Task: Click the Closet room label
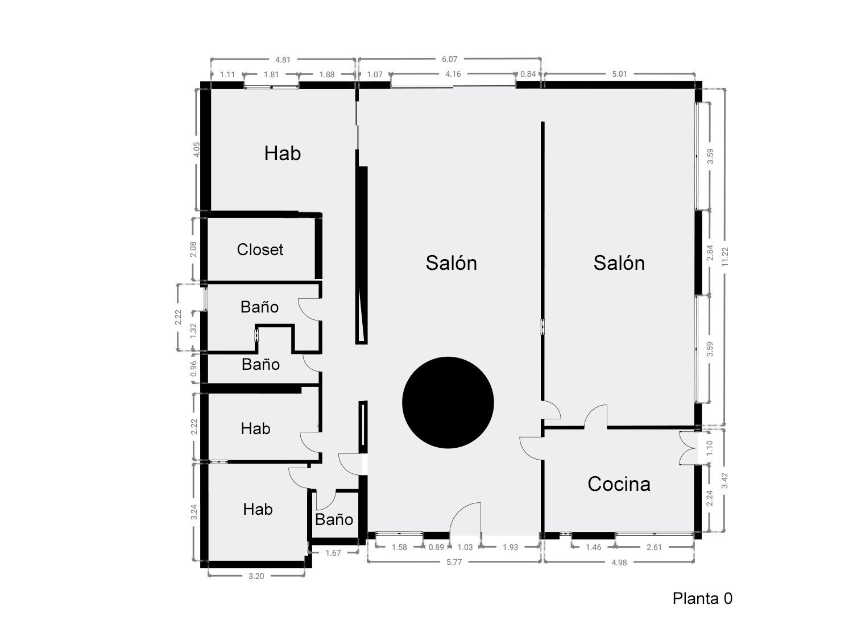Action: (260, 250)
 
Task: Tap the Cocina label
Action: (619, 484)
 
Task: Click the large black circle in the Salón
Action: (448, 403)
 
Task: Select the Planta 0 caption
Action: (702, 598)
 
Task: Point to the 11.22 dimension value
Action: (724, 257)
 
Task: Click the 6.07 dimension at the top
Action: (449, 59)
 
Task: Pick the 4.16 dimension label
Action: (453, 74)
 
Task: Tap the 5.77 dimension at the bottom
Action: (454, 562)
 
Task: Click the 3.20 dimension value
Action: (256, 576)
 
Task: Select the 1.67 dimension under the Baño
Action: (333, 553)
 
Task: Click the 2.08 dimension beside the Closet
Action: (193, 249)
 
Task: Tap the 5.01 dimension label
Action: (620, 74)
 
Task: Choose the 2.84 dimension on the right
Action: (710, 253)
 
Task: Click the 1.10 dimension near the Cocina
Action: (709, 448)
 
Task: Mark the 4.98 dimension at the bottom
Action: (619, 562)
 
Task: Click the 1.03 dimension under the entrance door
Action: (465, 547)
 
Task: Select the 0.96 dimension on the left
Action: (193, 369)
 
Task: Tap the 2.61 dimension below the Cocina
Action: (654, 547)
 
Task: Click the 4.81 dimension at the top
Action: (283, 60)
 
